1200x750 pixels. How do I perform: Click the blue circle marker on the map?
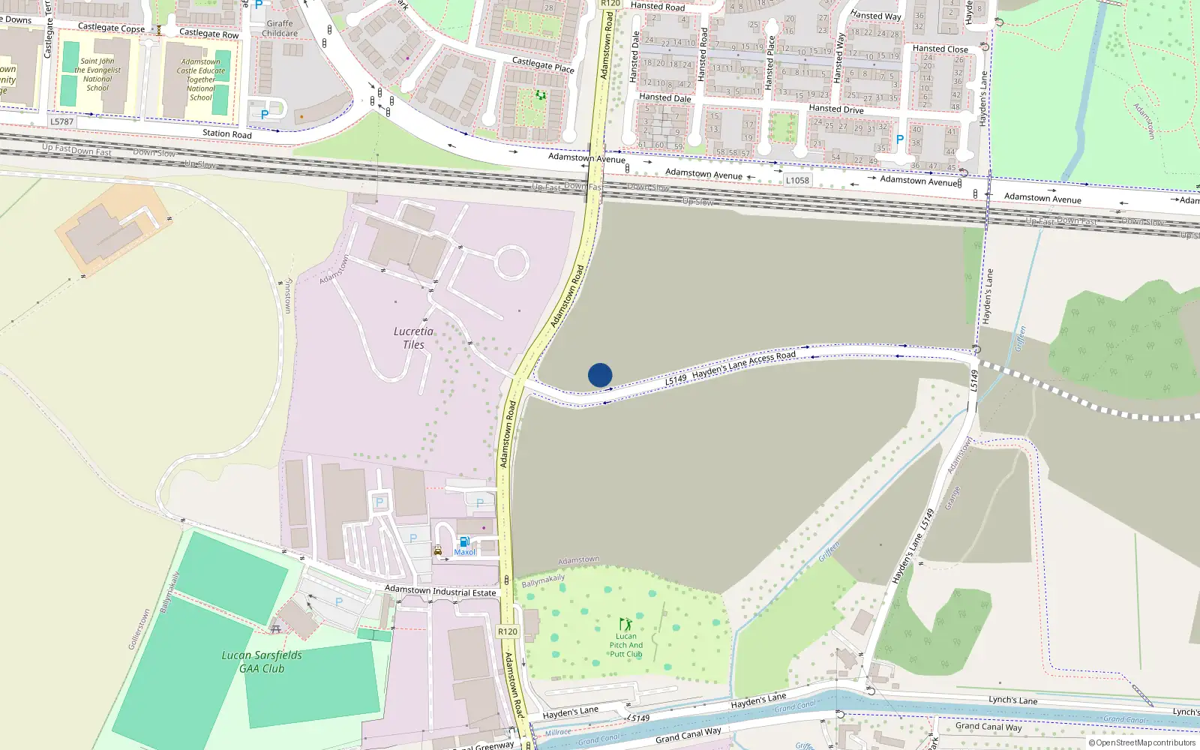tap(600, 375)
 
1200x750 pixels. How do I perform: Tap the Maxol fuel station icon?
tap(464, 542)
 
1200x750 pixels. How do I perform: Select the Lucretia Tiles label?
tap(413, 337)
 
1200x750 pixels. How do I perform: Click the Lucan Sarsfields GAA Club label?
tap(261, 661)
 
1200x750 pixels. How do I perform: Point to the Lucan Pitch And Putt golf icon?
tap(625, 624)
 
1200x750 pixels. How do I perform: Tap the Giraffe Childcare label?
tap(280, 28)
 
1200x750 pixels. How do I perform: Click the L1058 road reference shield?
tap(797, 180)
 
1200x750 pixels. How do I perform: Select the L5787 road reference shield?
tap(62, 121)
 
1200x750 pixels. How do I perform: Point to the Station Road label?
tap(226, 133)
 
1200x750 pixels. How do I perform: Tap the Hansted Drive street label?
tap(835, 109)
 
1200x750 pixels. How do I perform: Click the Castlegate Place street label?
tap(543, 64)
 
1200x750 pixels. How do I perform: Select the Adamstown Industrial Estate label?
tap(440, 591)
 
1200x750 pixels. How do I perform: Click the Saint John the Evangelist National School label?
tap(97, 74)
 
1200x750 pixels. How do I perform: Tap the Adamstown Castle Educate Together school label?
tap(200, 79)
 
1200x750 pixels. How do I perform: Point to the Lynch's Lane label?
tap(1012, 700)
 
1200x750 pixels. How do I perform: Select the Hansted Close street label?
tap(940, 49)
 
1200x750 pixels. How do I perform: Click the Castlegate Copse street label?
tap(111, 28)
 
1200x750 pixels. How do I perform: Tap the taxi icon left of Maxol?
tap(437, 550)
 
